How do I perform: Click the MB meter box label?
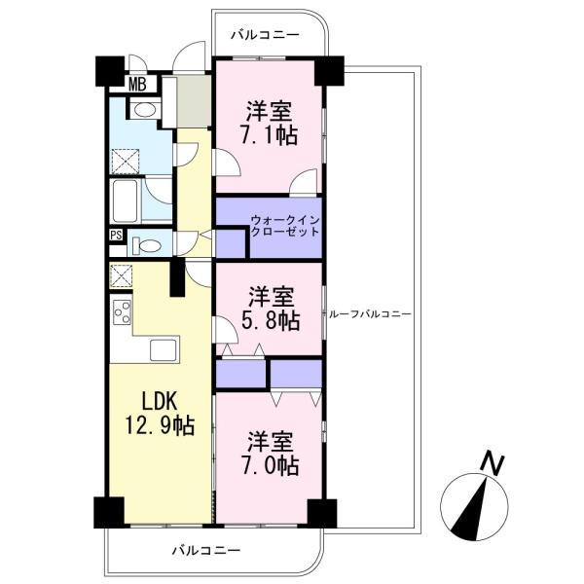(x=137, y=84)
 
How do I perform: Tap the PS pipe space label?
(x=116, y=236)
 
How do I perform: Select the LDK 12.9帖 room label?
(x=159, y=414)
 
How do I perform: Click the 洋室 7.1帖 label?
(x=269, y=123)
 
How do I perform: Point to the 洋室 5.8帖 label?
(x=271, y=309)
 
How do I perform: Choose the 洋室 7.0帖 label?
(x=271, y=454)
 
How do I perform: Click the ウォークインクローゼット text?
(x=285, y=226)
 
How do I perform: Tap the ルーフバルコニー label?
(x=370, y=314)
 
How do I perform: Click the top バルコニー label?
(x=265, y=35)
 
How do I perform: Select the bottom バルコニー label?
(x=206, y=550)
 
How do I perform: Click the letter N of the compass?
(x=493, y=464)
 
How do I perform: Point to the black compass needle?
(x=470, y=509)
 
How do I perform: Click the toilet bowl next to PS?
(x=147, y=246)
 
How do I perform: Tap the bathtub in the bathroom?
(x=126, y=201)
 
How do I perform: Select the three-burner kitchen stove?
(x=123, y=312)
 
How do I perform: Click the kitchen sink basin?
(x=164, y=349)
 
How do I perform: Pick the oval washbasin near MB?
(x=145, y=109)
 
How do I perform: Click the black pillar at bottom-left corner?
(x=109, y=512)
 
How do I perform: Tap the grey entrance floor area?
(x=194, y=101)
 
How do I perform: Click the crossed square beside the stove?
(x=122, y=276)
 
